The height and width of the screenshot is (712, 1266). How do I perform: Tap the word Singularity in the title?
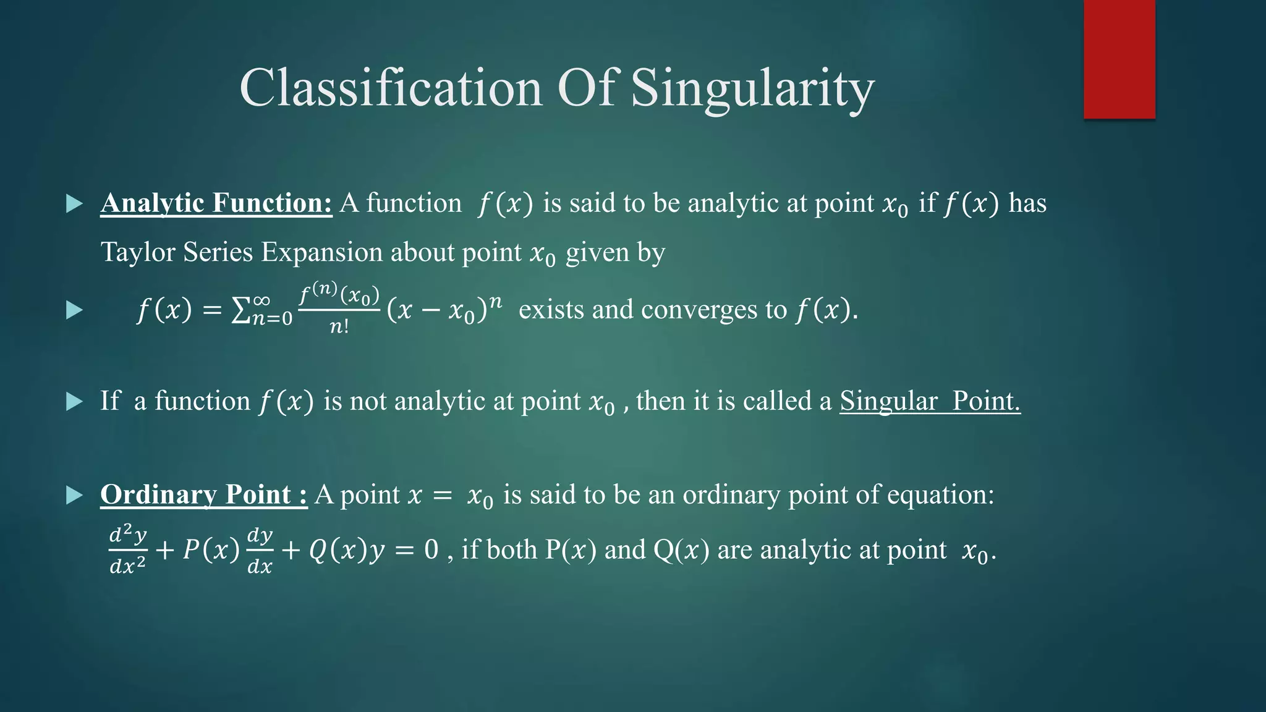click(752, 88)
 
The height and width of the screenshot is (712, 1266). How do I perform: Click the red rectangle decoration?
click(1119, 59)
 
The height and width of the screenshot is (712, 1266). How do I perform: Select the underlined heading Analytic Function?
click(216, 203)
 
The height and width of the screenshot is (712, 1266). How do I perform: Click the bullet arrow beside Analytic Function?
click(74, 203)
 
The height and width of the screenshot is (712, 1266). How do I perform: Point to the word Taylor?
click(134, 252)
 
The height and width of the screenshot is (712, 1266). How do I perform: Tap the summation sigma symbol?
click(240, 310)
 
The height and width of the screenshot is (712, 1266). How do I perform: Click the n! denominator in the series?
click(339, 326)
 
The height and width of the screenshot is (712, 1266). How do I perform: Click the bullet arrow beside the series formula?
click(74, 310)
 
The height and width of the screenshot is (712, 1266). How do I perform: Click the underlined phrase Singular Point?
click(929, 401)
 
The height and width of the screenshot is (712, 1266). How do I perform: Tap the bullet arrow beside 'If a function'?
click(74, 402)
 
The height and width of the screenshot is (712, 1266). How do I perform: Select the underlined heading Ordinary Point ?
click(203, 494)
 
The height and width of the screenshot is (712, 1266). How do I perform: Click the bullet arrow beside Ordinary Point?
click(74, 494)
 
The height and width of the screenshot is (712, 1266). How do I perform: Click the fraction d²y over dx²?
click(128, 549)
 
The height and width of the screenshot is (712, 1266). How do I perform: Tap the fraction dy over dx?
click(260, 549)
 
